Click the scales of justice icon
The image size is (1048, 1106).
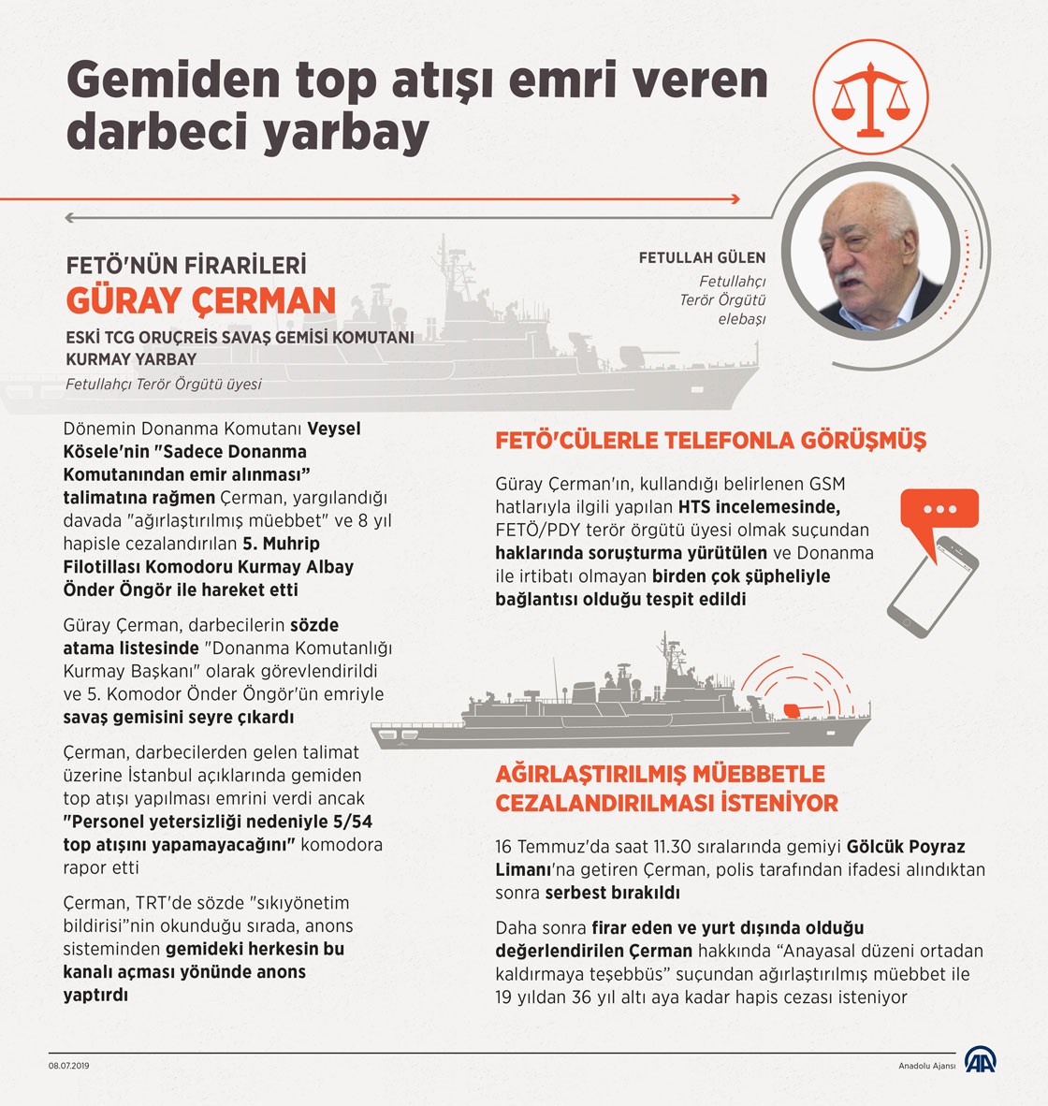point(870,95)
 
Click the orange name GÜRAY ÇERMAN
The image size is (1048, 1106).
point(200,300)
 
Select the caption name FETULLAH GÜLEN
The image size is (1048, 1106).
point(702,257)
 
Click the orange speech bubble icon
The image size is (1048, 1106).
point(939,511)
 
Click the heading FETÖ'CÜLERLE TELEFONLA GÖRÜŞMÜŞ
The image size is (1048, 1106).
point(710,441)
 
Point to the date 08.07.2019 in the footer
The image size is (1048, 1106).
point(69,1066)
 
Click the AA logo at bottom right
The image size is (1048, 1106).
point(982,1060)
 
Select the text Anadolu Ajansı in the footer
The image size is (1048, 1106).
point(926,1067)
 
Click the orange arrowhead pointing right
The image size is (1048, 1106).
point(735,198)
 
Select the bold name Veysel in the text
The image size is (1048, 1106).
point(334,429)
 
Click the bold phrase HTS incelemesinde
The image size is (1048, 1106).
point(760,507)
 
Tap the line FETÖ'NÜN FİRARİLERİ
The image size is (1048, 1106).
point(185,266)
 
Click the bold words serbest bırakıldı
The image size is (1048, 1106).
point(612,893)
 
